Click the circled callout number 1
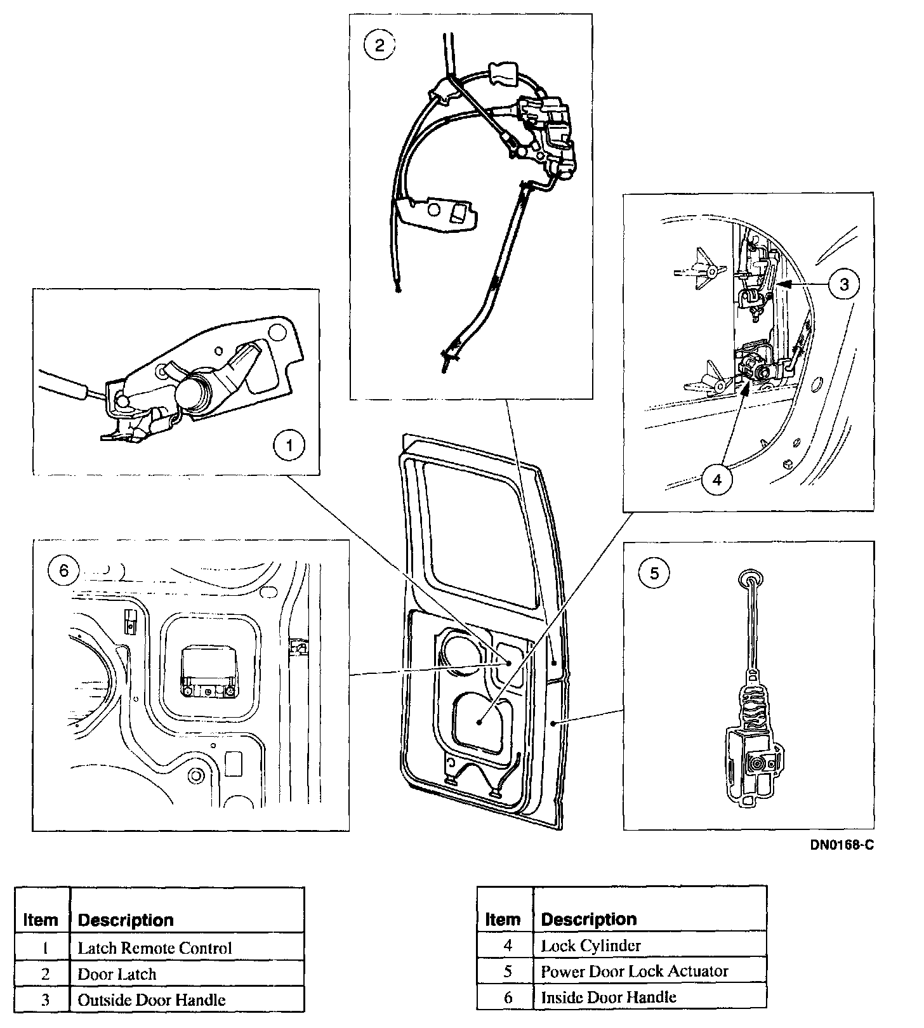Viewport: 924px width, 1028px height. coord(289,445)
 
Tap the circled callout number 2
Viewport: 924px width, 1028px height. coord(379,45)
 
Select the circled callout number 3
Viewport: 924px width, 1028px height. coord(844,284)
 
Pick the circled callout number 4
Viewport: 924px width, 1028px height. coord(717,480)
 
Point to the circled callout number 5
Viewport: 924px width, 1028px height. coord(654,574)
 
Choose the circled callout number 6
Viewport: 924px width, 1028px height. coord(63,571)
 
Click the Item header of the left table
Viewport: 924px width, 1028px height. coord(41,919)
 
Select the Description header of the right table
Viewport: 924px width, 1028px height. coord(589,919)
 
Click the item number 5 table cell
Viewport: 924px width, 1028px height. coord(508,971)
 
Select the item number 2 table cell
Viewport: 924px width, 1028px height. coord(45,974)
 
